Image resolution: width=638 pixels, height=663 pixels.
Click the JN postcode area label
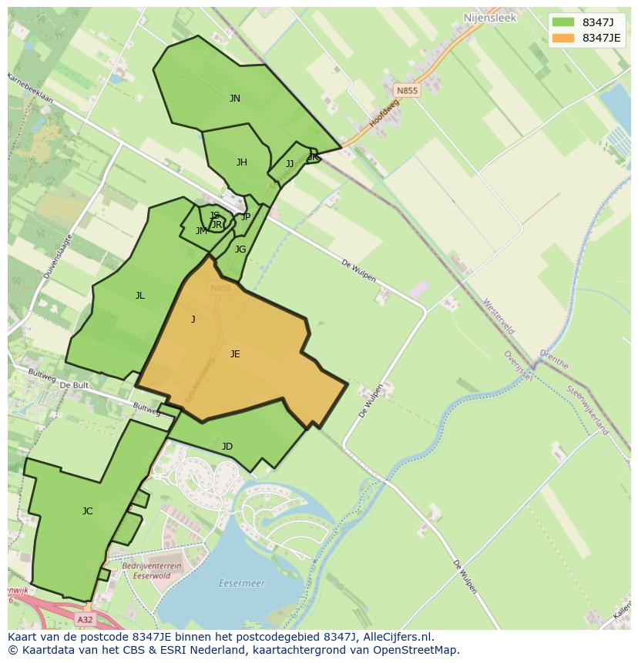(235, 99)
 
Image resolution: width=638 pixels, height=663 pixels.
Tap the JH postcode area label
(242, 162)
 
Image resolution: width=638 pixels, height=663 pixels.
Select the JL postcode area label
(140, 296)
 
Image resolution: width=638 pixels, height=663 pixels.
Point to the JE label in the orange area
(235, 354)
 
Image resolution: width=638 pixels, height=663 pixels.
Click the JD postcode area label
(227, 447)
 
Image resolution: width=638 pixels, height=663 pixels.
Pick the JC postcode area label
(88, 511)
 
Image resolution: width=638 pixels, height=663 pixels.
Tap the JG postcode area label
(240, 249)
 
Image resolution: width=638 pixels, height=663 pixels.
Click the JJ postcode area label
(290, 164)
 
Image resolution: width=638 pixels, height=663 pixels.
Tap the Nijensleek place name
(489, 17)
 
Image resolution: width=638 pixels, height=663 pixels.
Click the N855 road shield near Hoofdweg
(407, 91)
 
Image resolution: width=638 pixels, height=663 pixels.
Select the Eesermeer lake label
(241, 584)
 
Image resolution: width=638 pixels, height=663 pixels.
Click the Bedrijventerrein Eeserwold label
(152, 570)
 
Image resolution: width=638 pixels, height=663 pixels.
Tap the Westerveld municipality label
(499, 317)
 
